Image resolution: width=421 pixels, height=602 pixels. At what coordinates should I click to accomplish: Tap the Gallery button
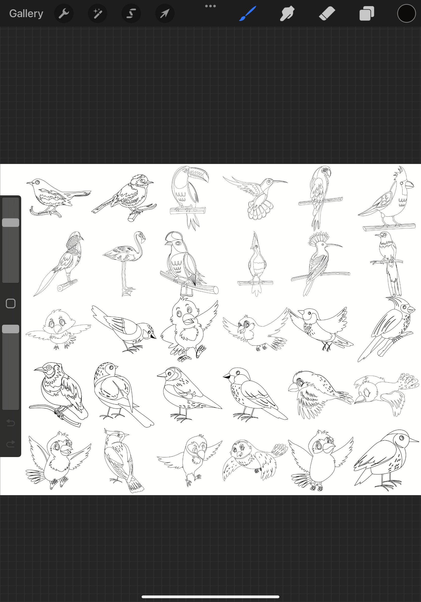(x=26, y=13)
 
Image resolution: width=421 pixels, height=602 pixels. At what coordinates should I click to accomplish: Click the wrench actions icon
(x=64, y=13)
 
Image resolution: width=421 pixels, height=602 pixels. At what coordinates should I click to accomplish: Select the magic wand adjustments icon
(x=97, y=13)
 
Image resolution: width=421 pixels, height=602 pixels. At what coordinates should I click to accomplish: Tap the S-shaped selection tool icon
(x=131, y=13)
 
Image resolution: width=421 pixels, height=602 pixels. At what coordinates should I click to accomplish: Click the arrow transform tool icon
(x=165, y=13)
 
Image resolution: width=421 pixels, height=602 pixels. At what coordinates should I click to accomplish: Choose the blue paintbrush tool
(x=248, y=13)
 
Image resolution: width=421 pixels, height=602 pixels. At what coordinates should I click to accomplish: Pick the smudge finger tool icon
(x=287, y=13)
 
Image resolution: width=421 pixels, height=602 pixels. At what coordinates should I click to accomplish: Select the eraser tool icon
(x=327, y=13)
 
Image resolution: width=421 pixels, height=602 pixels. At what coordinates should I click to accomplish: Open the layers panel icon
(x=367, y=13)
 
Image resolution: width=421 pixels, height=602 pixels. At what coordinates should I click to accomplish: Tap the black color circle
(x=406, y=13)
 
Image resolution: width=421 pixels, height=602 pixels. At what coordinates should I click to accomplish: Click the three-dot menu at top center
(x=210, y=6)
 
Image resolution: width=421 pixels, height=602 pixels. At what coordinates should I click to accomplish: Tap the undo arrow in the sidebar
(x=11, y=423)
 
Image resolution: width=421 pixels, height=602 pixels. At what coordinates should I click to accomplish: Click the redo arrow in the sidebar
(x=11, y=444)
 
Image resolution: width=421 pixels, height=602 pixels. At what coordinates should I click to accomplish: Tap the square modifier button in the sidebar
(x=11, y=303)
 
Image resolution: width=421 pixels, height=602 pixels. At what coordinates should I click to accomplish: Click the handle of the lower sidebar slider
(x=11, y=329)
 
